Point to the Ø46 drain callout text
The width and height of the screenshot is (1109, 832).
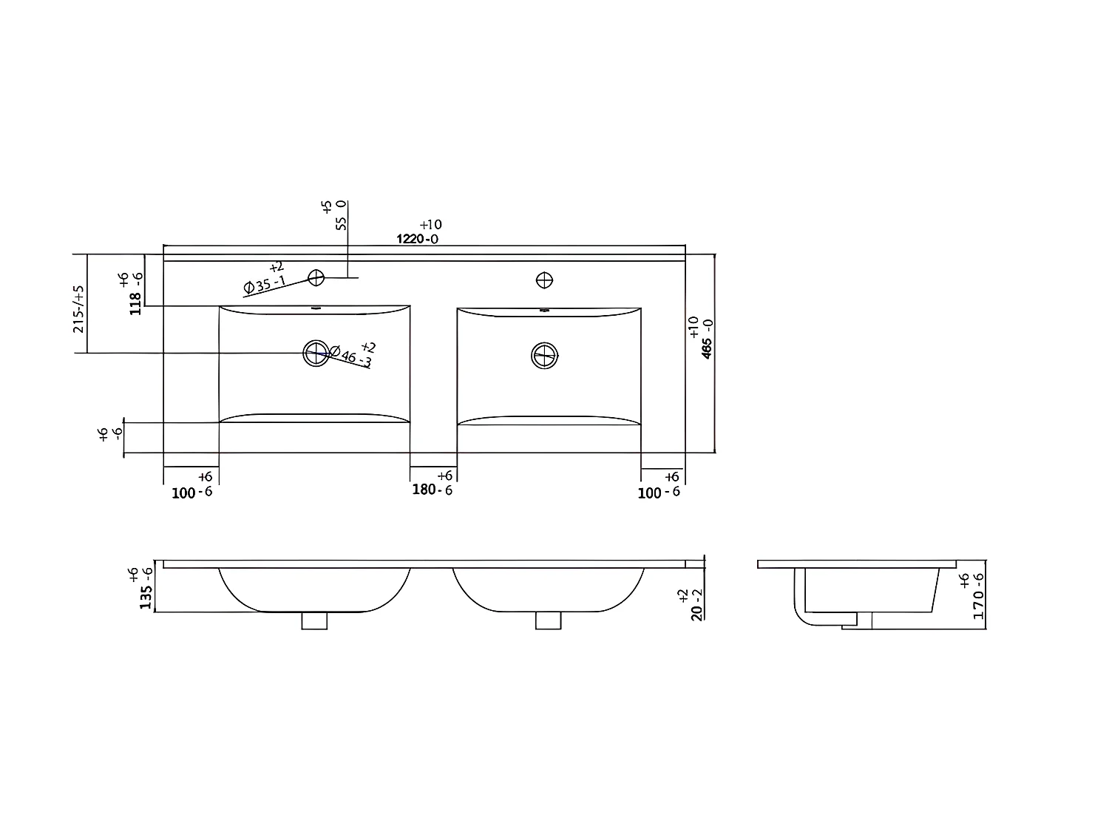pos(350,356)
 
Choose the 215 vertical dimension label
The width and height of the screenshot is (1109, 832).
pos(78,309)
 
